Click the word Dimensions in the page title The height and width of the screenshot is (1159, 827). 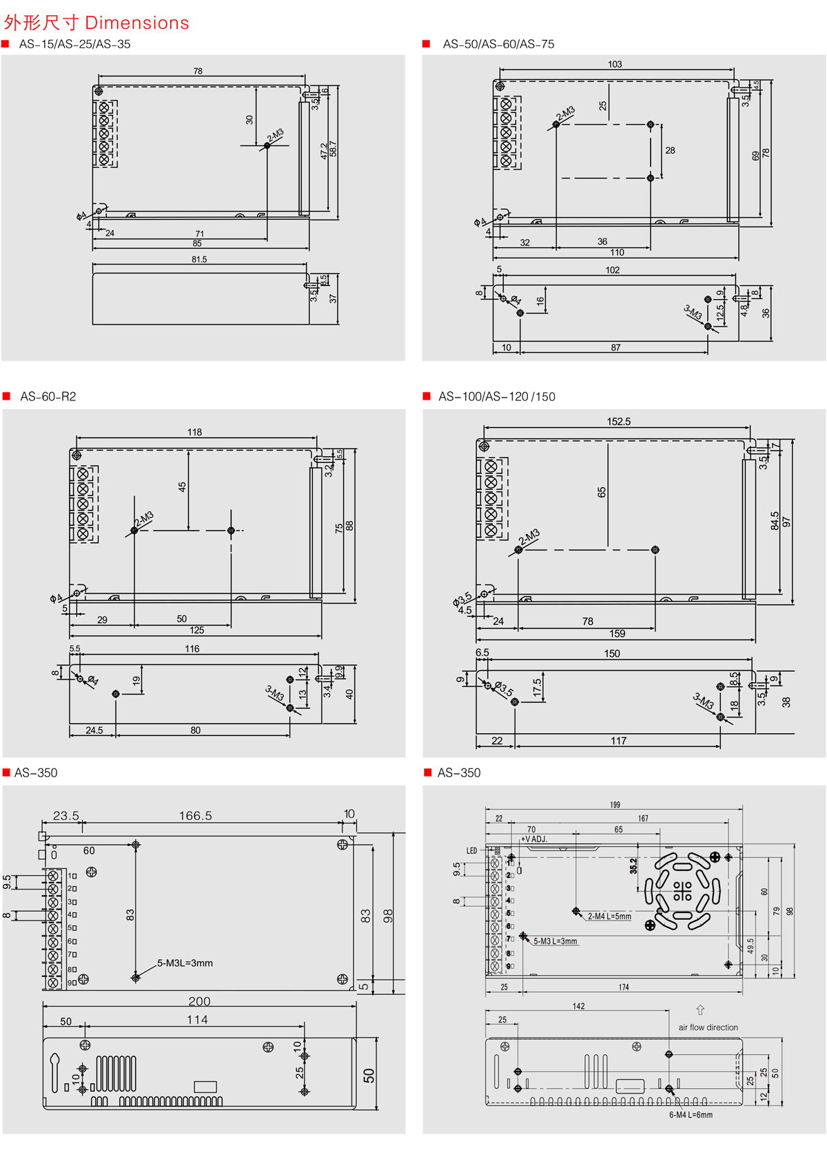pyautogui.click(x=137, y=23)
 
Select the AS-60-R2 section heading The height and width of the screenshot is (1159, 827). pyautogui.click(x=48, y=397)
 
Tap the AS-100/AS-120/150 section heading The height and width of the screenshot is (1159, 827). pyautogui.click(x=497, y=397)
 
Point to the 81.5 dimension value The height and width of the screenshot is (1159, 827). pyautogui.click(x=199, y=260)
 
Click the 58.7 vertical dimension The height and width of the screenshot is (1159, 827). pyautogui.click(x=333, y=150)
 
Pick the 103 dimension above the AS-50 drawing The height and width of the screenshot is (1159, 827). pyautogui.click(x=615, y=64)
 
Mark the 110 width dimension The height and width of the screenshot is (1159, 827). pyautogui.click(x=617, y=253)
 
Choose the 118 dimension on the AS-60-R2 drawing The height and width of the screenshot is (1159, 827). pyautogui.click(x=194, y=432)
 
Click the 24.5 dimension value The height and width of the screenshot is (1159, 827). pyautogui.click(x=94, y=730)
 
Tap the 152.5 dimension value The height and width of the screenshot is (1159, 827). pyautogui.click(x=618, y=422)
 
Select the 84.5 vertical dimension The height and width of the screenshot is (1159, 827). pyautogui.click(x=775, y=520)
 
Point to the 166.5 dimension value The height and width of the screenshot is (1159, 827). pyautogui.click(x=196, y=816)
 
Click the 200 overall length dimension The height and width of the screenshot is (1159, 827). pyautogui.click(x=199, y=1001)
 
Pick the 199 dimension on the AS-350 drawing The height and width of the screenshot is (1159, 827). pyautogui.click(x=615, y=805)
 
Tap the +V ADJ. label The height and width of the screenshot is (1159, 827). pyautogui.click(x=534, y=839)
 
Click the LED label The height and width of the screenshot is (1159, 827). pyautogui.click(x=471, y=851)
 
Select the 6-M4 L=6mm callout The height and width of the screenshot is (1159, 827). pyautogui.click(x=691, y=1115)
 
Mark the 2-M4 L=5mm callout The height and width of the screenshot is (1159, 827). pyautogui.click(x=609, y=916)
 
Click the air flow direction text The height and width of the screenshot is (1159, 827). pyautogui.click(x=708, y=1027)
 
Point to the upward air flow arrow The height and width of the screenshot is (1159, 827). pyautogui.click(x=700, y=1010)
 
